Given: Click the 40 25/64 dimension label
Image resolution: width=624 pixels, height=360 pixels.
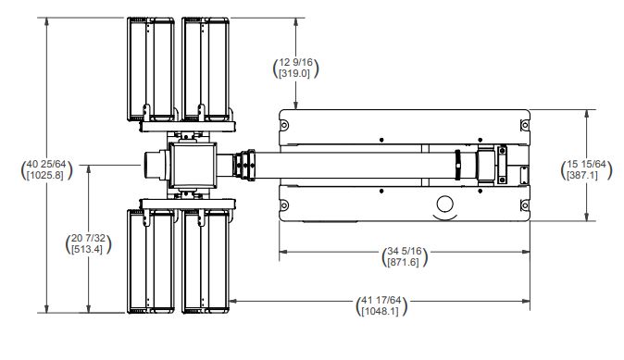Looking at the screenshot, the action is click(46, 165).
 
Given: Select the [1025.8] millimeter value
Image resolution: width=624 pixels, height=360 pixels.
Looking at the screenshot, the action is click(45, 175).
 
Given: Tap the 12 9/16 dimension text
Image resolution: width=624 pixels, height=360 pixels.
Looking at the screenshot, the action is click(295, 62).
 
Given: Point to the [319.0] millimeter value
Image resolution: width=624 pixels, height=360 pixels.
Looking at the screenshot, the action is click(294, 74).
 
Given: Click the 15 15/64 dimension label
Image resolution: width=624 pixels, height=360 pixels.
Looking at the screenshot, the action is click(586, 164).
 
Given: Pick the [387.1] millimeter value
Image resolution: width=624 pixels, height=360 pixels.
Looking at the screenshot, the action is click(582, 175).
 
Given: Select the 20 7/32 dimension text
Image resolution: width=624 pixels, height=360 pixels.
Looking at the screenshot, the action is click(88, 238).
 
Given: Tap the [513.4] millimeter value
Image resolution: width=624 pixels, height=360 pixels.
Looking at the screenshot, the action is click(87, 250).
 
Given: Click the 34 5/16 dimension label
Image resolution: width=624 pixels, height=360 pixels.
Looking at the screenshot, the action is click(405, 251).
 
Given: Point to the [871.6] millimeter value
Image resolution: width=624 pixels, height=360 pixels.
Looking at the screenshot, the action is click(404, 262).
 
